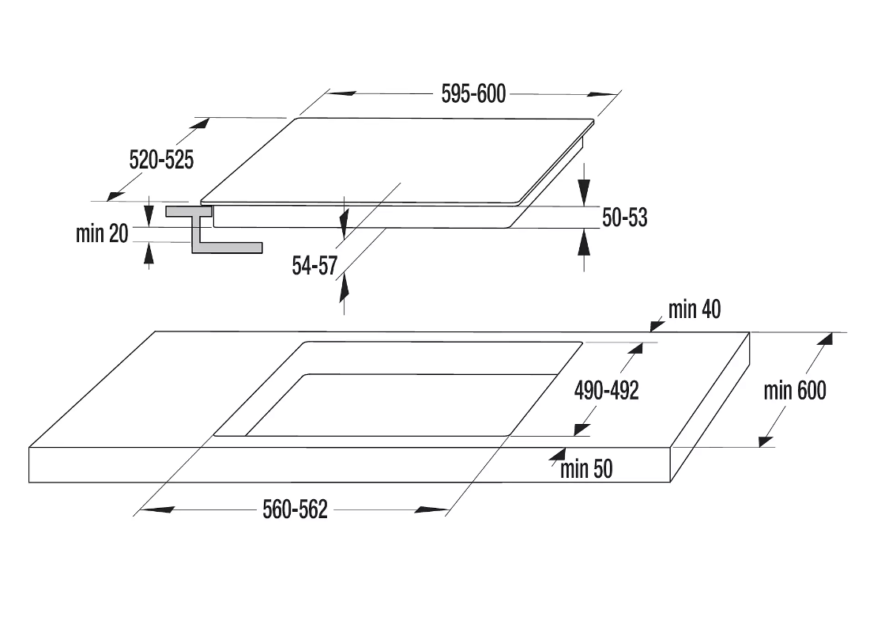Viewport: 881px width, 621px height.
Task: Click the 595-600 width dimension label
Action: (473, 94)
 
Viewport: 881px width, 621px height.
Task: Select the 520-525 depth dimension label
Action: (161, 160)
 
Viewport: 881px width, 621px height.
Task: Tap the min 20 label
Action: (102, 233)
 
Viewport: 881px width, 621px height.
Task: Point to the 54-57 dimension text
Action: (314, 266)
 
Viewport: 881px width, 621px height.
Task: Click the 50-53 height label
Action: (625, 218)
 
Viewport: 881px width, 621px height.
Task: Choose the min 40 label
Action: (695, 309)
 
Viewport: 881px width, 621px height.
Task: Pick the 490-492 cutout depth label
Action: (607, 390)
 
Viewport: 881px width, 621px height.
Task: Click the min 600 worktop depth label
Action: (795, 390)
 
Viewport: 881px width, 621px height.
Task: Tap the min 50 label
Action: (586, 468)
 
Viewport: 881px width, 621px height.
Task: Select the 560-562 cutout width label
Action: (295, 509)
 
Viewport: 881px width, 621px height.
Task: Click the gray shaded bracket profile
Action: (213, 229)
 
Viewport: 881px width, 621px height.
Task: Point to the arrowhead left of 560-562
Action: (156, 509)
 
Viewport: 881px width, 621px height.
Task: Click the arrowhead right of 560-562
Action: (431, 509)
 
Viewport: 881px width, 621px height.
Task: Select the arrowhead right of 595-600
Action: (603, 94)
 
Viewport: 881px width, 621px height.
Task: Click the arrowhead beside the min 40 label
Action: (657, 325)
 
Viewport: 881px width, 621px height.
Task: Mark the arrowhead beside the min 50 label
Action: (558, 455)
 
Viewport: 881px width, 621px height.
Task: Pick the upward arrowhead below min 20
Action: (149, 253)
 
